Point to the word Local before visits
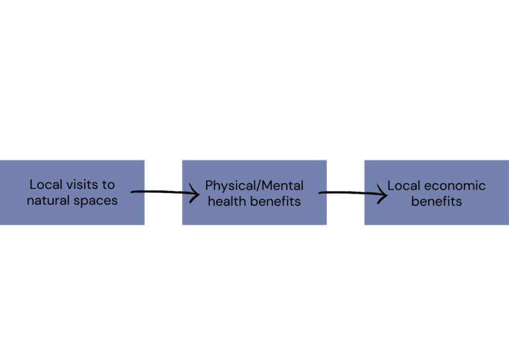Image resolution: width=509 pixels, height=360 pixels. pyautogui.click(x=45, y=185)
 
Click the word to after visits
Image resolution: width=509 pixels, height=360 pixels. pyautogui.click(x=108, y=185)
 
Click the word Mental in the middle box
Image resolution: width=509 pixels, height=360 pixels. pyautogui.click(x=282, y=186)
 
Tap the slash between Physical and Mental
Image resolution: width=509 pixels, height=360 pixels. pyautogui.click(x=258, y=186)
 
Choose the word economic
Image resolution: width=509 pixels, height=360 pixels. pyautogui.click(x=455, y=186)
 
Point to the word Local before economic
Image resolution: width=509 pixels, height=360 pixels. pyautogui.click(x=404, y=186)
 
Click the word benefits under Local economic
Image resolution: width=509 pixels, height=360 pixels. pyautogui.click(x=436, y=201)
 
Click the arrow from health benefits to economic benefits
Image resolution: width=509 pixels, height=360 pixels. pyautogui.click(x=351, y=194)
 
